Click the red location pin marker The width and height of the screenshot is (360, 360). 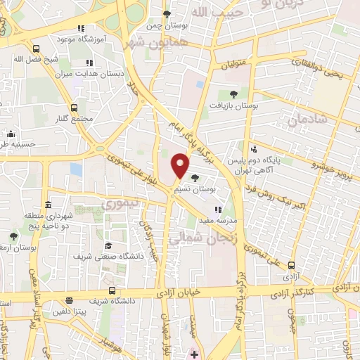(x=181, y=165)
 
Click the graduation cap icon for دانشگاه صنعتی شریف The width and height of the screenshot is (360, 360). (x=110, y=245)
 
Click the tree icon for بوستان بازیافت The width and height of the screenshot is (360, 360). (x=233, y=94)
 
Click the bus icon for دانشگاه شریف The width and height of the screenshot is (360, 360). (x=112, y=290)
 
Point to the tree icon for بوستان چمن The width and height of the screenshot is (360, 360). (x=167, y=14)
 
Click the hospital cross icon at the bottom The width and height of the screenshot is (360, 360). (x=194, y=353)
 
